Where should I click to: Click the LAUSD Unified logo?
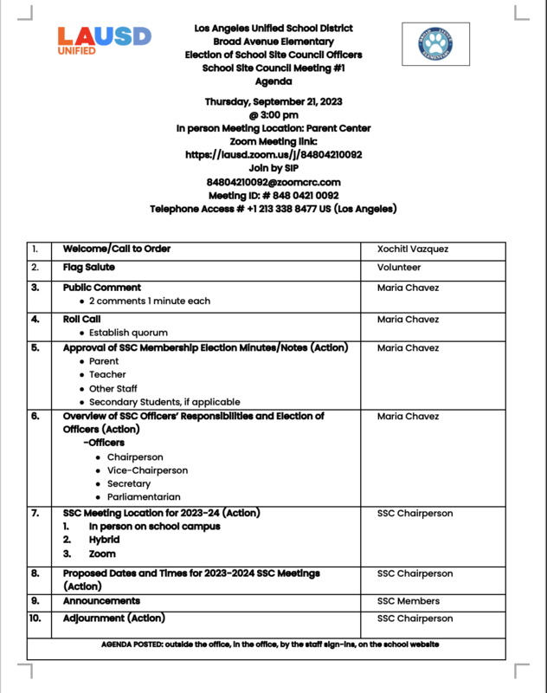(x=103, y=41)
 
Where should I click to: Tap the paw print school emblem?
(x=435, y=43)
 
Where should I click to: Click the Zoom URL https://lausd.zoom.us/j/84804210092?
(x=273, y=155)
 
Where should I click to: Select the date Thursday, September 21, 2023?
(x=273, y=101)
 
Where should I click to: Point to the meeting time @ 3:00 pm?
(x=273, y=115)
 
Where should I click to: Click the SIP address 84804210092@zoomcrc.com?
(x=273, y=182)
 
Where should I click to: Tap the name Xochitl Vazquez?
(x=413, y=249)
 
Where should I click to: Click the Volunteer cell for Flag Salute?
(x=399, y=269)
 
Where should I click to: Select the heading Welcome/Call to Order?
(x=117, y=249)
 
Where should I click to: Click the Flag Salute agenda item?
(x=89, y=268)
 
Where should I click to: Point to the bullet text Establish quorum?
(x=128, y=333)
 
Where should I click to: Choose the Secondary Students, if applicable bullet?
(x=164, y=402)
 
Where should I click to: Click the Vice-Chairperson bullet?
(x=147, y=470)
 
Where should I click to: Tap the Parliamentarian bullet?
(x=144, y=497)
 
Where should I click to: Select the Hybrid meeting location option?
(x=104, y=540)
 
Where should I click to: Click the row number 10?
(x=35, y=619)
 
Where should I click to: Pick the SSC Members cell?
(x=409, y=601)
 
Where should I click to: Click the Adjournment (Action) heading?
(x=114, y=619)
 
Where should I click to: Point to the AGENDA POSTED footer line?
(x=270, y=645)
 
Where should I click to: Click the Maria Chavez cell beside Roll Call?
(x=408, y=320)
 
